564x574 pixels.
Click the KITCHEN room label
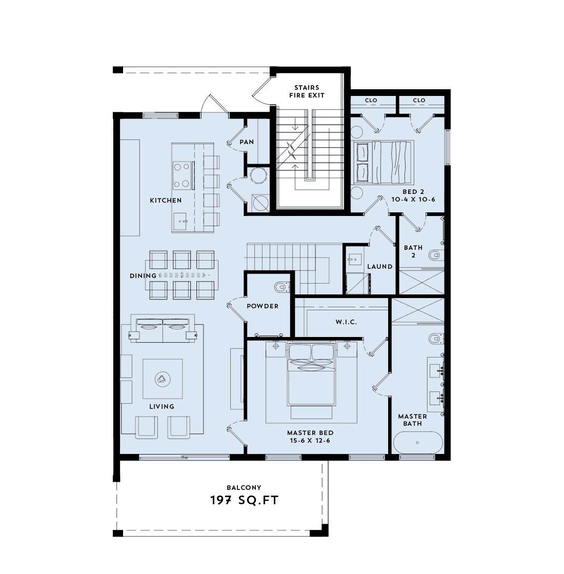point(165,200)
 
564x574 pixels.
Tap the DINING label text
point(143,276)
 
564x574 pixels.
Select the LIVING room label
point(162,406)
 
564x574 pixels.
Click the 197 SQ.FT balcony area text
point(244,500)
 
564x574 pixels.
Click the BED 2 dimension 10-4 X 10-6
point(413,199)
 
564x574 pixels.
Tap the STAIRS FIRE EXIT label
point(307,91)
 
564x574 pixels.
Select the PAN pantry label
point(247,142)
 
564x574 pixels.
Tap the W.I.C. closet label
point(346,323)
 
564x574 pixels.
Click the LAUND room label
point(380,267)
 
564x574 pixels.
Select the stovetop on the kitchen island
point(182,174)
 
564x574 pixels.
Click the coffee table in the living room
point(163,380)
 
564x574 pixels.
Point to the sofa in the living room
point(163,331)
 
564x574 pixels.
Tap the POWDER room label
point(263,306)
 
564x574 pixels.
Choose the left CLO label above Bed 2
point(371,101)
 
